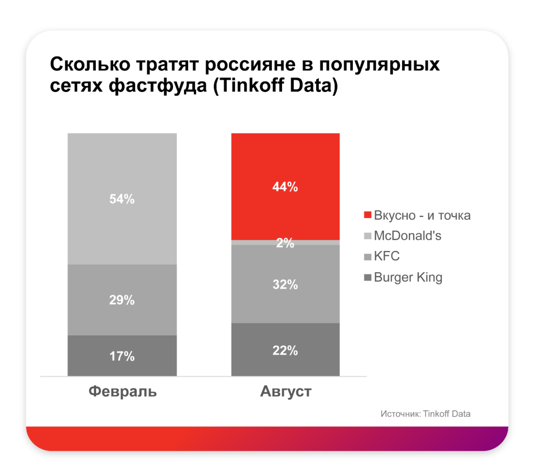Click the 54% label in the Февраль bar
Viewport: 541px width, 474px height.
click(x=122, y=199)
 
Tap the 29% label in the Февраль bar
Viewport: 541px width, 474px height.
click(x=122, y=301)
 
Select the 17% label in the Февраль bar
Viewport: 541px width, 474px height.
click(x=122, y=356)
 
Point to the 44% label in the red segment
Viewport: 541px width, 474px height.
click(x=285, y=187)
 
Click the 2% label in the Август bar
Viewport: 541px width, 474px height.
click(x=285, y=243)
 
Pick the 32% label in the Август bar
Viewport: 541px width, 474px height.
click(x=285, y=285)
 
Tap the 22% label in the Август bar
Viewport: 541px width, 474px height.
click(x=285, y=351)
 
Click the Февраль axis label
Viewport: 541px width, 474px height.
click(x=122, y=392)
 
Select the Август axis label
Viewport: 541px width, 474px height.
click(x=286, y=392)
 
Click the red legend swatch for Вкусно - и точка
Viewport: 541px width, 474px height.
click(x=367, y=215)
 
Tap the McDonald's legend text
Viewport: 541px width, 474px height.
click(x=408, y=236)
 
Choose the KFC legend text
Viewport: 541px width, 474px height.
click(x=387, y=256)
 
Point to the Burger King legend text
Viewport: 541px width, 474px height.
click(x=408, y=277)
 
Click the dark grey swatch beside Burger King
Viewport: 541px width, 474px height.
click(x=367, y=277)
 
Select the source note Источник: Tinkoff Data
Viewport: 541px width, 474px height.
click(x=426, y=414)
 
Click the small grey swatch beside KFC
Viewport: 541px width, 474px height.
click(x=367, y=257)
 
